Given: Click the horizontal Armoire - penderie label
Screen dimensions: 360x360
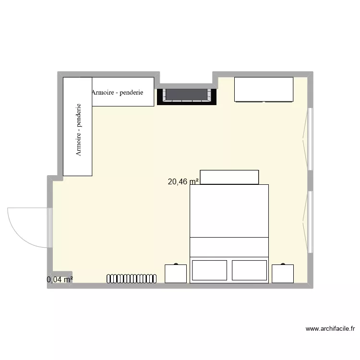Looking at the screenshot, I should coord(117,92).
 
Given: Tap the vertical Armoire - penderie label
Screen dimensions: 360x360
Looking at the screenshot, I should coord(78,130).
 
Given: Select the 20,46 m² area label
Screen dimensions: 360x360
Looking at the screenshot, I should coord(183,181).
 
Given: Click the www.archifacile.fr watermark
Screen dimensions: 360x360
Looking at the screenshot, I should coord(330,329).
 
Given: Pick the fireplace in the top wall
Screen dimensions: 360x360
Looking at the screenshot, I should coord(187,95).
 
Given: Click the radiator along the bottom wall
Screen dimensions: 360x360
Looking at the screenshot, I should coord(132,278).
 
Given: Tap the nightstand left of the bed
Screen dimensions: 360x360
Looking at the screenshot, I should coord(175,273).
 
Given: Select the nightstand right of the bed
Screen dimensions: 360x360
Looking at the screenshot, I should coord(282,273).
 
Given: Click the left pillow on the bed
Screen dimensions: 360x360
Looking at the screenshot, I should coord(209,270).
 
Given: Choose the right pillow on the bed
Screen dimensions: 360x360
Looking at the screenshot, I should coord(249,270).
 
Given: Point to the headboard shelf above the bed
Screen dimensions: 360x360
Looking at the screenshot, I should coord(229,177).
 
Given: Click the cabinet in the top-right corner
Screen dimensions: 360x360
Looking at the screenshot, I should coord(264,90).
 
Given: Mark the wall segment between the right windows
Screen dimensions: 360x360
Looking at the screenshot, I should coord(310,180).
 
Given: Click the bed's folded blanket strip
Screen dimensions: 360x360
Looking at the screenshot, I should coord(229,247).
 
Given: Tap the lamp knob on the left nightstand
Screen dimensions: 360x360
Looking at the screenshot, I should coord(176,264).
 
